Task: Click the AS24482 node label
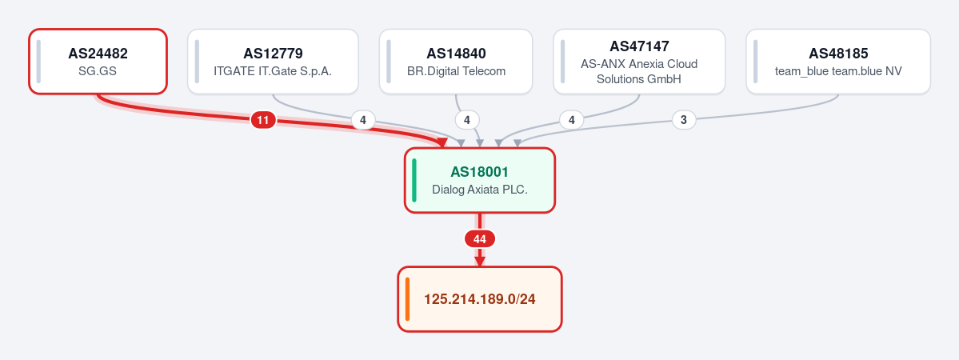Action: tap(98, 54)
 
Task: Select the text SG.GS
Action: tap(98, 71)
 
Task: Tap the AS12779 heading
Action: tap(273, 54)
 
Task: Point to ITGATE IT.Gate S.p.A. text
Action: tap(273, 71)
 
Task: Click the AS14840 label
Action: tap(456, 54)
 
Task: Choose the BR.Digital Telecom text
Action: tap(456, 71)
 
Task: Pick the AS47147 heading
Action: tap(639, 46)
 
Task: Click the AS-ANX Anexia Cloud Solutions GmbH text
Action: tap(639, 72)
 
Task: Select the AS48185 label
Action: tap(838, 54)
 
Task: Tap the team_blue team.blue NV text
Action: tap(838, 71)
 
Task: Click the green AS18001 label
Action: tap(480, 172)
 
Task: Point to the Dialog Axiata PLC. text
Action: tap(480, 190)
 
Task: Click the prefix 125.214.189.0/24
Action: tap(480, 299)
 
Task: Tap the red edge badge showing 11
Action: tap(263, 120)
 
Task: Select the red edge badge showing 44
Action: tap(480, 238)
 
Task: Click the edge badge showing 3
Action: tap(684, 120)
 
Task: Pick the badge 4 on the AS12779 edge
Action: tap(362, 120)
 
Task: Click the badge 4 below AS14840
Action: tap(467, 120)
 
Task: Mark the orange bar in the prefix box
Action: tap(407, 299)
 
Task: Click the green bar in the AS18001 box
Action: tap(414, 181)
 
